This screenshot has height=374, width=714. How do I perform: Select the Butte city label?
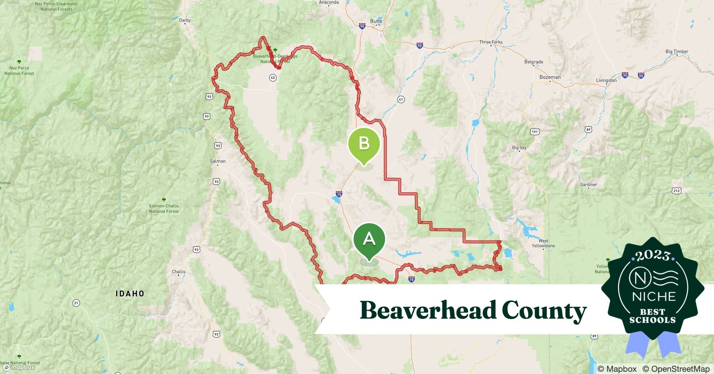376,21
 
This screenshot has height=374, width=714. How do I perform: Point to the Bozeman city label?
550,77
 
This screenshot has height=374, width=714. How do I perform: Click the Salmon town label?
218,161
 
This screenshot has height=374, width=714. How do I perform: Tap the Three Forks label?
491,42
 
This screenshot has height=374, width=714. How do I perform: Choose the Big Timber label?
677,52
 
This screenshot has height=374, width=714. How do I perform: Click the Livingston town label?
606,80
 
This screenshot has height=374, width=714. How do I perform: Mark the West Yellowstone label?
544,243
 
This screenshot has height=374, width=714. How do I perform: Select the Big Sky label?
519,148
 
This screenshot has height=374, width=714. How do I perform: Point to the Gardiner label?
588,185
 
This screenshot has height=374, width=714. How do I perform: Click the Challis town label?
178,272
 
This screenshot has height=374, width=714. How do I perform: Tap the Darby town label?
185,21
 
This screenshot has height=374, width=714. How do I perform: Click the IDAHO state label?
130,294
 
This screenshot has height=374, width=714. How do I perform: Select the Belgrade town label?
533,62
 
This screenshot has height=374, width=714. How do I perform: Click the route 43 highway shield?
273,78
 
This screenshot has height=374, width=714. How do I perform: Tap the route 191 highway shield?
535,132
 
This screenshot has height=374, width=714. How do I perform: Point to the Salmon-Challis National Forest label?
164,208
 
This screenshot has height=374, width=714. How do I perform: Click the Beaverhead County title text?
473,310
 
